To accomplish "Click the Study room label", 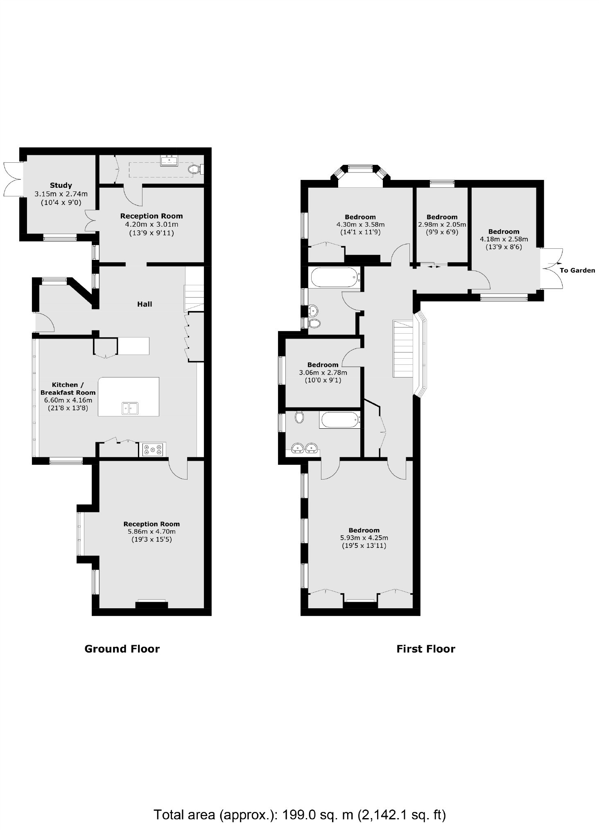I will click(61, 185).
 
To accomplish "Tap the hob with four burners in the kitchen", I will click(154, 450).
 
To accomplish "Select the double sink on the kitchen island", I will click(130, 408).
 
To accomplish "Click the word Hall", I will click(145, 304).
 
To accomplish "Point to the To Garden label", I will click(577, 270).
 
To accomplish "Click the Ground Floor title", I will click(122, 648).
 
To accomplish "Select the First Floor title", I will click(425, 648).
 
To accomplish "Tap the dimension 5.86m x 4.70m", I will click(151, 532).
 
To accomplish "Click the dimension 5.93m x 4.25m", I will click(364, 538).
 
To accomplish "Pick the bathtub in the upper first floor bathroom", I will click(335, 277).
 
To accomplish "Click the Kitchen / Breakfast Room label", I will click(68, 389).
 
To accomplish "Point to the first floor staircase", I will click(402, 349).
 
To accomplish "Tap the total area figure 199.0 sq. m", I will click(315, 803).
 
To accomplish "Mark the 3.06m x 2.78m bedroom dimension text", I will click(323, 373).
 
